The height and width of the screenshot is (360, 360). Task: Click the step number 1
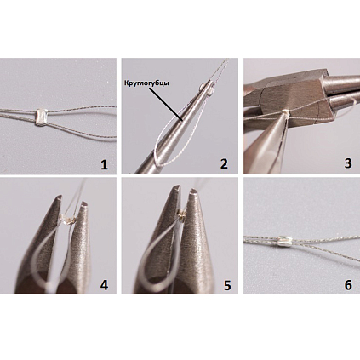tap(105, 164)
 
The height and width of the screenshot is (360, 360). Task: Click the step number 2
tap(224, 164)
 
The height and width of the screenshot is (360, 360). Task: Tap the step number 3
tap(348, 163)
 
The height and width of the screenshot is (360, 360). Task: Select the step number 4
tap(104, 285)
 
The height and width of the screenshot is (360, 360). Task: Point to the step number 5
tap(227, 285)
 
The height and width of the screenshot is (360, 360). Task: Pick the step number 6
tap(348, 285)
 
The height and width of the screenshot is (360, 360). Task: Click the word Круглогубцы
tap(146, 83)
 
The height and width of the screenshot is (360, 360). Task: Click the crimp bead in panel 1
tap(41, 117)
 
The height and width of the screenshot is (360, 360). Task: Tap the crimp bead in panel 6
tap(283, 242)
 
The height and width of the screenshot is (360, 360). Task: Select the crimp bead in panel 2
tap(207, 88)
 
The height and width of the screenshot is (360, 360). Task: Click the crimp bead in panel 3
tap(285, 113)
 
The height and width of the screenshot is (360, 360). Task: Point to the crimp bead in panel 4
tap(68, 219)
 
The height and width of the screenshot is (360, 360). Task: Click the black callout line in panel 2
tap(166, 104)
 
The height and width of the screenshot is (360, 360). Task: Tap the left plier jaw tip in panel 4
tap(58, 197)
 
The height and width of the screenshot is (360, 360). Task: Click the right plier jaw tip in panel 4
tap(83, 203)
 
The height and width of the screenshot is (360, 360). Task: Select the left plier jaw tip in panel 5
tap(176, 187)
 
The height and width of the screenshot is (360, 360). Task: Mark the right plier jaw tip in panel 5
tap(194, 191)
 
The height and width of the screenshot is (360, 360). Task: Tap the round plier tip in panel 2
tap(210, 82)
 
